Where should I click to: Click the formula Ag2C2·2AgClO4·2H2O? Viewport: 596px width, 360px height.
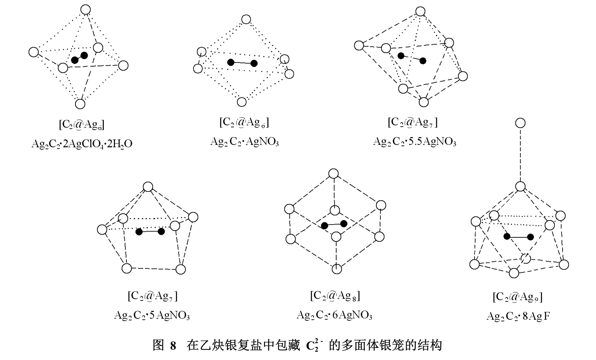click(82, 144)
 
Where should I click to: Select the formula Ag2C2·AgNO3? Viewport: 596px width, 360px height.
click(244, 142)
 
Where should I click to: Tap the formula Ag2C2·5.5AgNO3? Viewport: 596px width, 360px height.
click(414, 142)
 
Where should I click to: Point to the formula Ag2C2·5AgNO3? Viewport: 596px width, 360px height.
click(152, 315)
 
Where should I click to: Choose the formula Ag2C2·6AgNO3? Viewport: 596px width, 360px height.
click(334, 315)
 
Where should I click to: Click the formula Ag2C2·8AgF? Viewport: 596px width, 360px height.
click(518, 316)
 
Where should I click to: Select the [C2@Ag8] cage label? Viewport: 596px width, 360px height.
click(335, 296)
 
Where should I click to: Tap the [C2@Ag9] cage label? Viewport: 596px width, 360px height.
click(517, 297)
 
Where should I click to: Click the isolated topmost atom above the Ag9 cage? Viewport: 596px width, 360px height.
click(520, 123)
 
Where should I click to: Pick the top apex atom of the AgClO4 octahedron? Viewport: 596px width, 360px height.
click(86, 10)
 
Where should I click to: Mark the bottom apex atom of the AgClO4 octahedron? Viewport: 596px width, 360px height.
click(80, 104)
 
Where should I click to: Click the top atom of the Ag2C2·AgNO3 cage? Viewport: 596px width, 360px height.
click(246, 19)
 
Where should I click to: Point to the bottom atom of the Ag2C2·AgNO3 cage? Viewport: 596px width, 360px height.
click(242, 102)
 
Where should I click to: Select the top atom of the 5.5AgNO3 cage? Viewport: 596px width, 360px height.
click(420, 12)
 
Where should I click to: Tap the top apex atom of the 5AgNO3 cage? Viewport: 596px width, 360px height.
click(148, 187)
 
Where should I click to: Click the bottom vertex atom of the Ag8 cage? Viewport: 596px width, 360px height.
click(337, 269)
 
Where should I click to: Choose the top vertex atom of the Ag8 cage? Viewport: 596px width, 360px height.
click(333, 174)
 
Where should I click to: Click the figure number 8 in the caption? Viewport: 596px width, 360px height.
click(173, 346)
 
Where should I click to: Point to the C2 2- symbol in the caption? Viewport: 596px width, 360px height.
click(314, 346)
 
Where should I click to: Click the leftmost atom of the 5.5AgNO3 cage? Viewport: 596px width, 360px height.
click(359, 45)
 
